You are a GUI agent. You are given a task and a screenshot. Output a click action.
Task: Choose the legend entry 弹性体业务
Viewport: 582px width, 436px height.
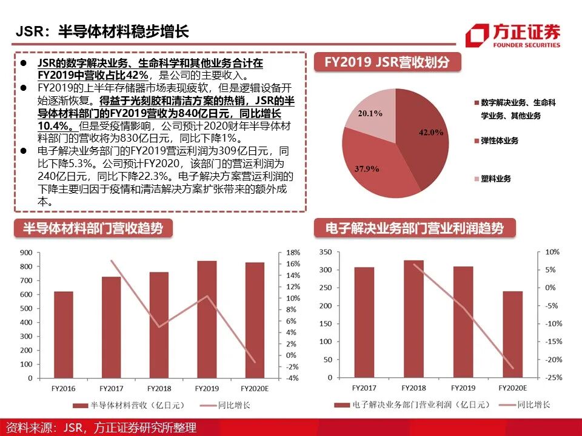tap(500, 140)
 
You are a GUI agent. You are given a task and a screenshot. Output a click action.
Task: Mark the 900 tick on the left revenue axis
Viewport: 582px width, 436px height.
tap(25, 253)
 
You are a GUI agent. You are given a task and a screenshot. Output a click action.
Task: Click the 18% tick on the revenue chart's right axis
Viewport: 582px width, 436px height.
tap(293, 253)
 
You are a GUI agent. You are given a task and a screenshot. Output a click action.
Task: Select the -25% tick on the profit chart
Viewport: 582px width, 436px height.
tap(552, 377)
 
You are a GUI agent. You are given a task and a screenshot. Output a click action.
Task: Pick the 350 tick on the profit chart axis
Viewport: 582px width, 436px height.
tap(325, 252)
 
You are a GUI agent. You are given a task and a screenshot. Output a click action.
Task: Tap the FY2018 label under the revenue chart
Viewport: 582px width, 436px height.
tap(159, 388)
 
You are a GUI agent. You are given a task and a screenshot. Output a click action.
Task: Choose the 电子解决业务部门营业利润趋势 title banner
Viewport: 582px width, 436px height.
tap(415, 228)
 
